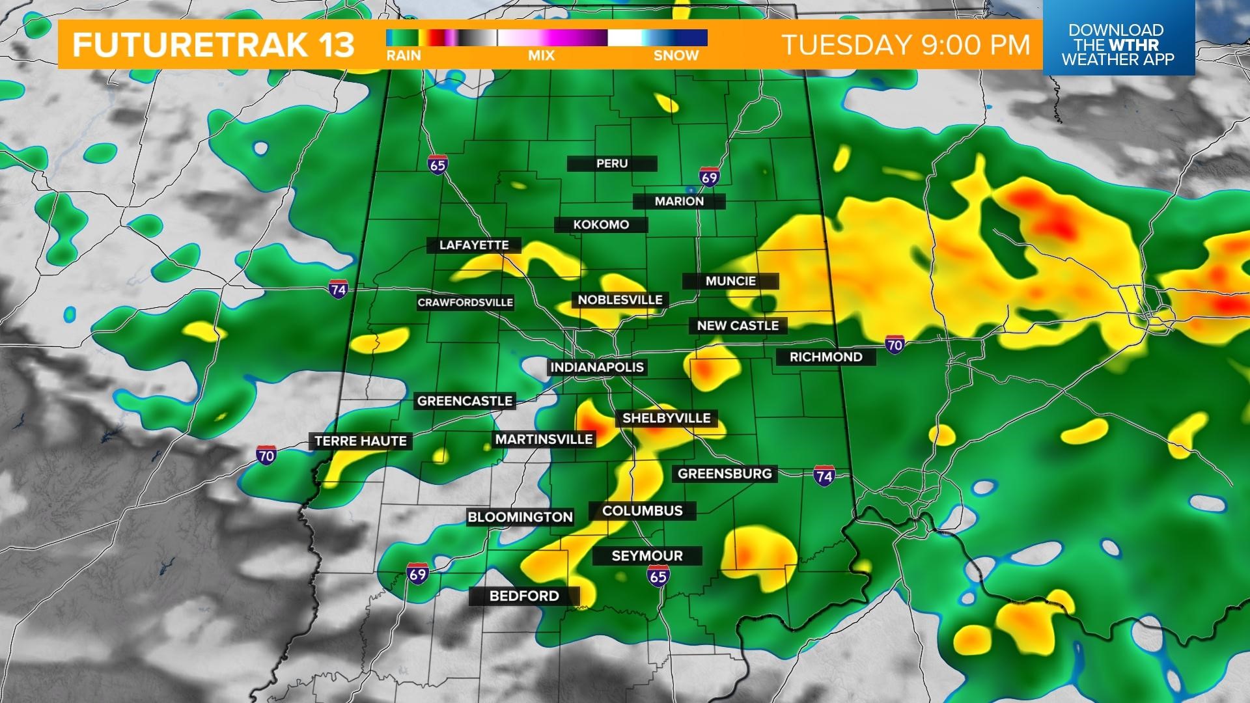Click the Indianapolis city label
[x=596, y=367]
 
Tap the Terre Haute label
[x=360, y=441]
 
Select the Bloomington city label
[x=520, y=517]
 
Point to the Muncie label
[x=730, y=281]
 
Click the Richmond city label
[x=826, y=357]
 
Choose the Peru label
[x=612, y=163]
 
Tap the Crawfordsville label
[x=465, y=303]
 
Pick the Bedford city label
[x=524, y=596]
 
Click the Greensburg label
[x=725, y=474]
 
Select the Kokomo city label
[x=601, y=225]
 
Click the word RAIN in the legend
[x=404, y=56]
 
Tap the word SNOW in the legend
[x=676, y=56]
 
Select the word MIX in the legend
[x=541, y=56]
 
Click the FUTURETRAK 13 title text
[x=214, y=45]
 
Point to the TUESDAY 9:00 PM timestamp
[x=906, y=45]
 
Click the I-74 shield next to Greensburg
[x=824, y=476]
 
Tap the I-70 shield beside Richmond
[x=895, y=344]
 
